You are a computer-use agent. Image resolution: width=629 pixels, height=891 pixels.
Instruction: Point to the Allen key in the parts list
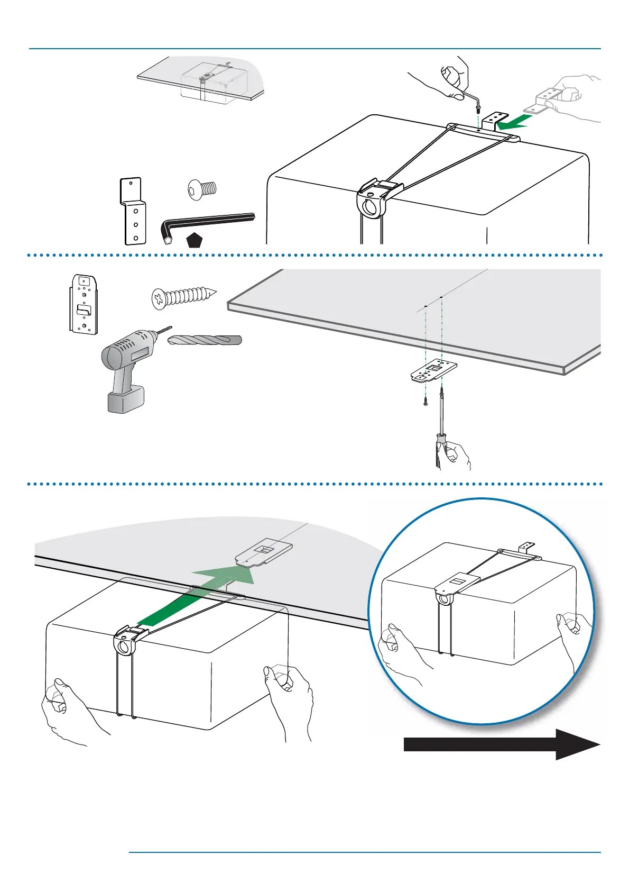[x=206, y=224]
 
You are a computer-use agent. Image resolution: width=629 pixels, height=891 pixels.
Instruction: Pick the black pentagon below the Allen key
[x=195, y=241]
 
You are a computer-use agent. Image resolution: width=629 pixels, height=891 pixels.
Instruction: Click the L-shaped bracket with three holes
[x=132, y=212]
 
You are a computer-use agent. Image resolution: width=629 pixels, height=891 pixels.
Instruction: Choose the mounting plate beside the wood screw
[x=84, y=304]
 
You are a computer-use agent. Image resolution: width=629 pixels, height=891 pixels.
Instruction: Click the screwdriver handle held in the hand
[x=440, y=447]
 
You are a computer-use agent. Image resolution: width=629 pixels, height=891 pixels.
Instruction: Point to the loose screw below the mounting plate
[x=425, y=401]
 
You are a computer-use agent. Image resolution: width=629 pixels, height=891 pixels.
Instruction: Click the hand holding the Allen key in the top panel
[x=455, y=77]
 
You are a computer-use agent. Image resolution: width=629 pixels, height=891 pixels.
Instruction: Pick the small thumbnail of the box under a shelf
[x=201, y=79]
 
